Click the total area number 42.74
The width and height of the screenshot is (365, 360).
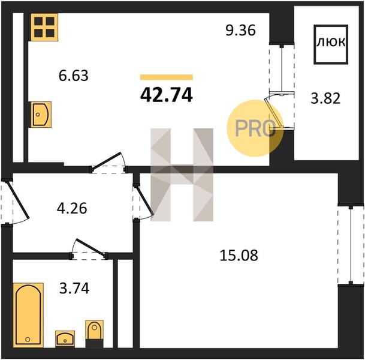click(x=167, y=95)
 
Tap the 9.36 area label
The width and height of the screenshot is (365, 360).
click(x=241, y=31)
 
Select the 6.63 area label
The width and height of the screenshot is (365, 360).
click(x=74, y=76)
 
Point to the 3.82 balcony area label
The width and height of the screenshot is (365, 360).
click(x=325, y=98)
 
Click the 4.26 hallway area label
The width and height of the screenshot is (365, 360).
click(x=72, y=208)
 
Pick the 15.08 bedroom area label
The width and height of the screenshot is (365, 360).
click(x=239, y=256)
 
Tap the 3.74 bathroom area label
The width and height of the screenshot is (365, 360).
click(x=74, y=288)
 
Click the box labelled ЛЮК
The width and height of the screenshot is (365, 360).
click(x=331, y=44)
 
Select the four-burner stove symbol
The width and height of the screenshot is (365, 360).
click(x=44, y=27)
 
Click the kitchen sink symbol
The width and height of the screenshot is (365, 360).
click(x=41, y=115)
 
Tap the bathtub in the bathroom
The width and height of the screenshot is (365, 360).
click(x=28, y=315)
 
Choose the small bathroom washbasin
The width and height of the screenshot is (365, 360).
click(x=65, y=339)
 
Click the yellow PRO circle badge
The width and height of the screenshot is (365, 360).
click(x=255, y=128)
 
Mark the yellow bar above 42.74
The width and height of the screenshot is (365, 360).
click(x=167, y=77)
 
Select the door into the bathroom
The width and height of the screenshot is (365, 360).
click(x=89, y=249)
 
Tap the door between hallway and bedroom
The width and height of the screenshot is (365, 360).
click(x=143, y=202)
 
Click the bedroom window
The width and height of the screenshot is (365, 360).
click(x=351, y=245)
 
